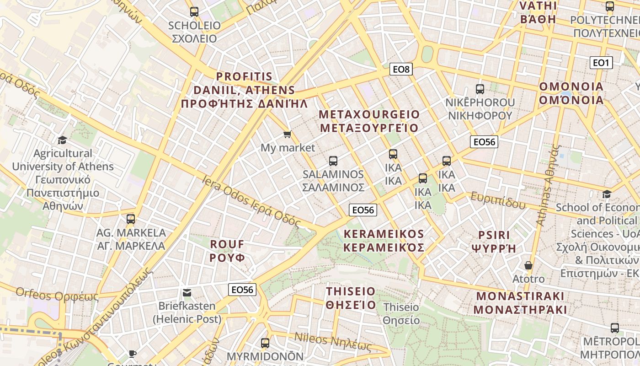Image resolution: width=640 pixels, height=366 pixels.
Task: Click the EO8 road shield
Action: click(401, 70)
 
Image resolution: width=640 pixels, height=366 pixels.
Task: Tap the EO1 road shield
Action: click(601, 63)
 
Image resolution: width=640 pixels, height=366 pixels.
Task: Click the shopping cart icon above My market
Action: click(287, 134)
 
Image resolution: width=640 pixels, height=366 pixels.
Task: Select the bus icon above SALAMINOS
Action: click(333, 161)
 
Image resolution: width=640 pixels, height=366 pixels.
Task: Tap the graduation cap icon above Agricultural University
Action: click(62, 140)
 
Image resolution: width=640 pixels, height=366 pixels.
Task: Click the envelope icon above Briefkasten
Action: click(187, 293)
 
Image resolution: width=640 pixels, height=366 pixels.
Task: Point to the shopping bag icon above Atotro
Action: click(528, 265)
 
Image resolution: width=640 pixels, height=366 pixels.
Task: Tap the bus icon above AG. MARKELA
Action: click(131, 219)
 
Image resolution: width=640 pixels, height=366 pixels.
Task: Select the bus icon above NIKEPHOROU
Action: click(480, 89)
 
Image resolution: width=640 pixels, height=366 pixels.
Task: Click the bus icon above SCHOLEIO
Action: click(194, 12)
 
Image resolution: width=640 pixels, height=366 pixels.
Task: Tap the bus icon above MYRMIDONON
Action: click(265, 343)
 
